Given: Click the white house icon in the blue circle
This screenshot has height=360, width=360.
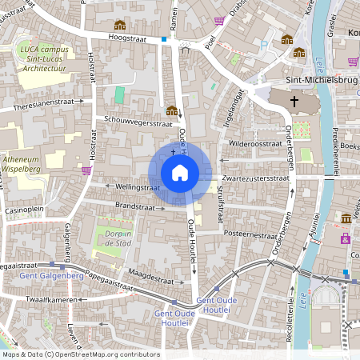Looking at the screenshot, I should (x=180, y=172).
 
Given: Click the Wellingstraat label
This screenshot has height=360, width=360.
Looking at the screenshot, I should (x=122, y=186).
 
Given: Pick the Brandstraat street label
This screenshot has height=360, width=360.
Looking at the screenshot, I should (x=134, y=206).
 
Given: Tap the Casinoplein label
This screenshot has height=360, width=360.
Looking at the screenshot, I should (x=25, y=210).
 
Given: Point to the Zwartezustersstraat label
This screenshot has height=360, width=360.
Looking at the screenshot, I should (x=255, y=178).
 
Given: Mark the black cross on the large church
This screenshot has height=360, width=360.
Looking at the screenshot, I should (x=294, y=102).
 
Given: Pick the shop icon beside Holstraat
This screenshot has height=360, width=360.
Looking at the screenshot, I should (x=86, y=170).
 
